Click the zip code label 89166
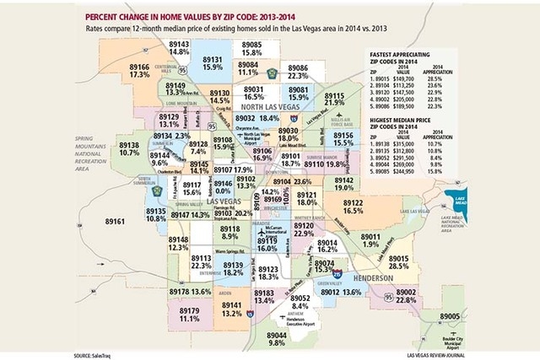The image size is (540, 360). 140,65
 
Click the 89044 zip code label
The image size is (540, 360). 276,335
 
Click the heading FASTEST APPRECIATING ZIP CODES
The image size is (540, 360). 408,62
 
